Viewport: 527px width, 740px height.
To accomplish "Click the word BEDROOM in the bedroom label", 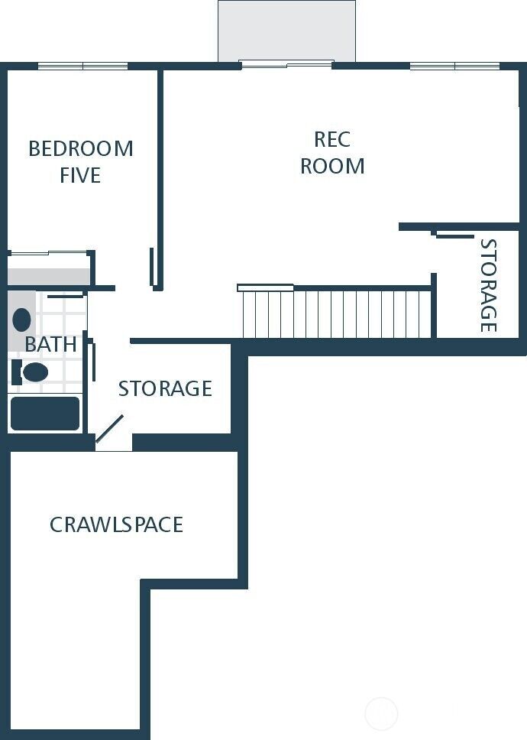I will [x=80, y=148].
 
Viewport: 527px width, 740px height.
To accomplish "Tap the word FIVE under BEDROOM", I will [x=80, y=176].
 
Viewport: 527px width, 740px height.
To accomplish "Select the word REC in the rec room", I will [x=332, y=139].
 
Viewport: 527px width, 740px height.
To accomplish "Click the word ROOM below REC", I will [x=332, y=166].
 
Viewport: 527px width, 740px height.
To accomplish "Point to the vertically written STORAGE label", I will [x=487, y=286].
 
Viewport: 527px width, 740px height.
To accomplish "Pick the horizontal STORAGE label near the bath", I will [x=165, y=388].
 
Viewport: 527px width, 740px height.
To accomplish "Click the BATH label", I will [x=50, y=345].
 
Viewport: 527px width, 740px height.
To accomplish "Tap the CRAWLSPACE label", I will [x=116, y=525].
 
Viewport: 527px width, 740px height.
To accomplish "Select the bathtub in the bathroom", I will [x=44, y=414].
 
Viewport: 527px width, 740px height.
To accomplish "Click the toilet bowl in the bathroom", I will [x=34, y=372].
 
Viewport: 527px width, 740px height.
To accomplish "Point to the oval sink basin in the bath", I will [x=22, y=320].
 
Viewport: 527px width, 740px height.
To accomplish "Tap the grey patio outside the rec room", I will [x=286, y=31].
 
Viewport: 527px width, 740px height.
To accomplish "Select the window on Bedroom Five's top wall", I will [x=82, y=67].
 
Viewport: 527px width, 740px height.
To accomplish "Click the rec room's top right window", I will [x=454, y=67].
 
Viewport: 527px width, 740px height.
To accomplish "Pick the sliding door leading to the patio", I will [x=286, y=64].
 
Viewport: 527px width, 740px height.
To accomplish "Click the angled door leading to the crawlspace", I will [x=109, y=429].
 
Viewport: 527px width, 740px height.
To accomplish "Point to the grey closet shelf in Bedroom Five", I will [x=49, y=275].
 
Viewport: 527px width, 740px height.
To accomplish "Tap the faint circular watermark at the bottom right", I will [x=381, y=714].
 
